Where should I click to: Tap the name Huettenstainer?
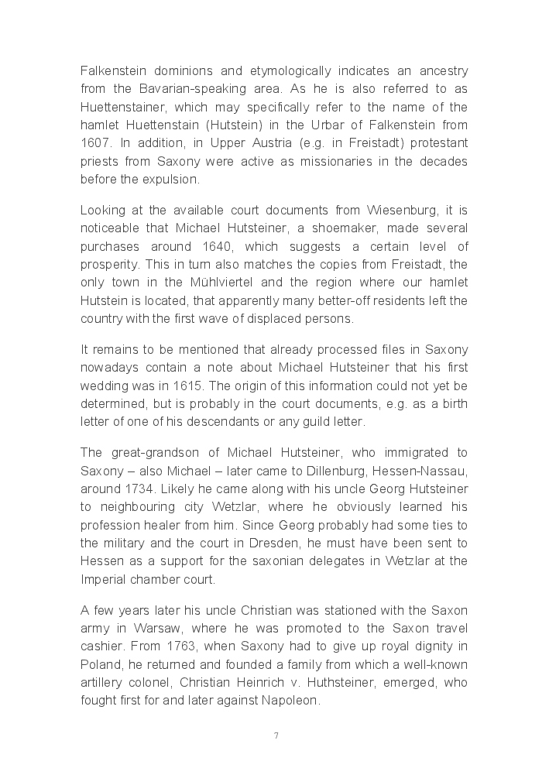[123, 107]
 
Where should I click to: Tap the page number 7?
[276, 735]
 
